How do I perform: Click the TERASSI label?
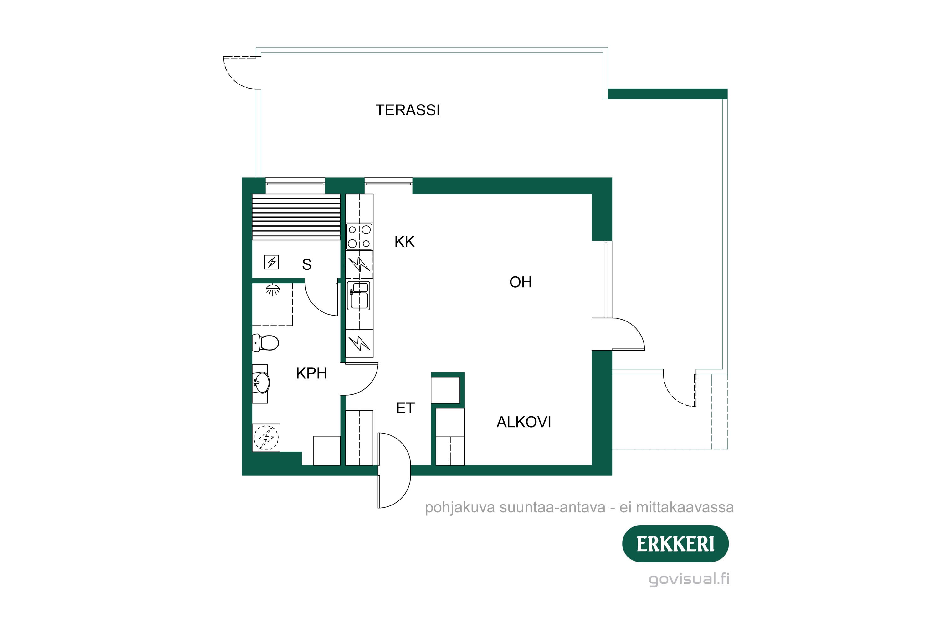click(407, 110)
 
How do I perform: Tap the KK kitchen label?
click(404, 242)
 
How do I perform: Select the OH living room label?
click(520, 283)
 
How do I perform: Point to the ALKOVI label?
click(523, 422)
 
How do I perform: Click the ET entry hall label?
click(405, 408)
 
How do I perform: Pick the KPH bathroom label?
click(311, 374)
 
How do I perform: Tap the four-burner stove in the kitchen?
click(359, 236)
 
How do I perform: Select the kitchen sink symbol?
click(359, 295)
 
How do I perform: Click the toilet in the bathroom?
click(267, 342)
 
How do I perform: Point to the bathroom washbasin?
click(261, 382)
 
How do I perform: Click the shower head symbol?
click(273, 290)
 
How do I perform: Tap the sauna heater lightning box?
click(271, 262)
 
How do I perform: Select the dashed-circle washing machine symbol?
click(266, 438)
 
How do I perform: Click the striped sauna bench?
click(296, 217)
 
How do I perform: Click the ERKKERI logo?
click(675, 544)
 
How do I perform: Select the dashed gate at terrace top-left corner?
click(239, 72)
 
